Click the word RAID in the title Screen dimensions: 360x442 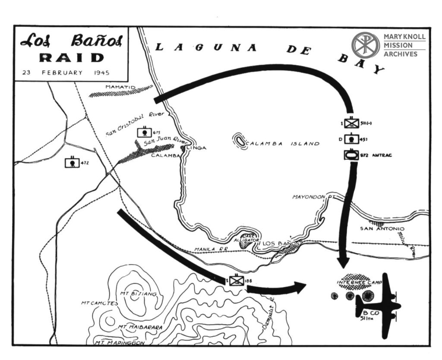pos(72,58)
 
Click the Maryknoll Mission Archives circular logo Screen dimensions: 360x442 pos(365,45)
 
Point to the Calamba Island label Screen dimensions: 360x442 pos(283,144)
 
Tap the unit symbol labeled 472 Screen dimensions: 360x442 pos(72,163)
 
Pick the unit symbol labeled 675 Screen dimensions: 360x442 pos(144,132)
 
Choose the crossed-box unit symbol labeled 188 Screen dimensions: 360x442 pos(237,281)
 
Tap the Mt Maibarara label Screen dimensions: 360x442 pos(140,327)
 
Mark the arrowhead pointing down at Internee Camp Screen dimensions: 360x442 pos(344,262)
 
